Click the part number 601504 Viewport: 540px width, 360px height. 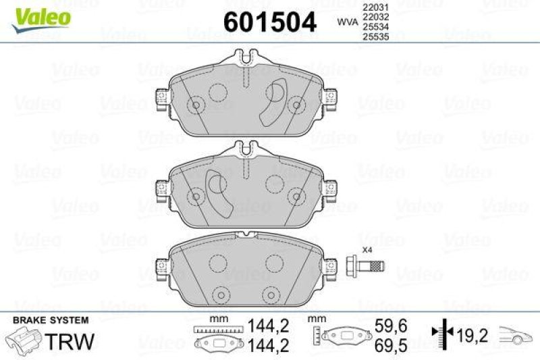pyautogui.click(x=269, y=22)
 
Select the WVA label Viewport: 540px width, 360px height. pyautogui.click(x=347, y=22)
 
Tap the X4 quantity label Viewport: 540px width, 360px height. pyautogui.click(x=367, y=250)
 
